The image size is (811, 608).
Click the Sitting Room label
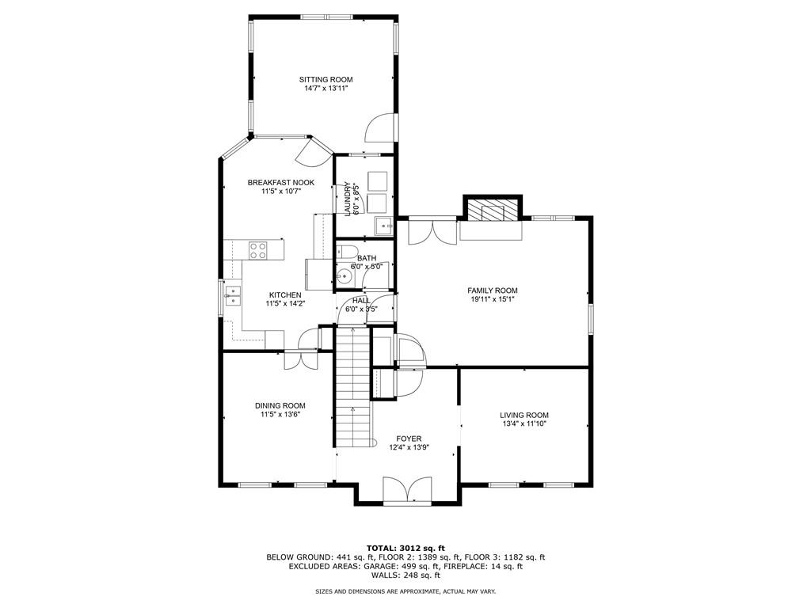click(x=326, y=80)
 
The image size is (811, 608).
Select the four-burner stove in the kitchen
click(x=258, y=250)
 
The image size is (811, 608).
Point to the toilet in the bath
click(x=347, y=253)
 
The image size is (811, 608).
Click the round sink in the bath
click(x=344, y=276)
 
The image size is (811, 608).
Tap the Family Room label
click(x=493, y=291)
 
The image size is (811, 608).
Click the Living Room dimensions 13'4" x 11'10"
click(x=524, y=424)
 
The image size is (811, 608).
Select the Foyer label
click(x=409, y=439)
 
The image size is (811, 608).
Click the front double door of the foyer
click(x=408, y=489)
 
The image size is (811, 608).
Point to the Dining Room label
click(x=280, y=406)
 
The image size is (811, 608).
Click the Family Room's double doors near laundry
click(x=433, y=232)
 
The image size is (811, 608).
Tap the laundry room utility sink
click(x=383, y=226)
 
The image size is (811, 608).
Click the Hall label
click(x=361, y=300)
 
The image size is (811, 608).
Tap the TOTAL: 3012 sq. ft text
click(x=405, y=548)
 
